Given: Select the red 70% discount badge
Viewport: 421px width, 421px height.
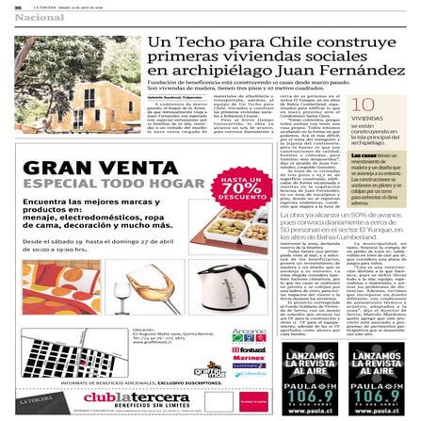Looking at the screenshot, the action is (239, 187).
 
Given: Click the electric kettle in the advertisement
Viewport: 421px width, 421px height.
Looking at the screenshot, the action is (225, 288).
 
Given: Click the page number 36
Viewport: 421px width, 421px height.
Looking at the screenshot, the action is (18, 7).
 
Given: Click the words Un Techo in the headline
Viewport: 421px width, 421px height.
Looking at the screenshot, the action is (184, 42).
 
